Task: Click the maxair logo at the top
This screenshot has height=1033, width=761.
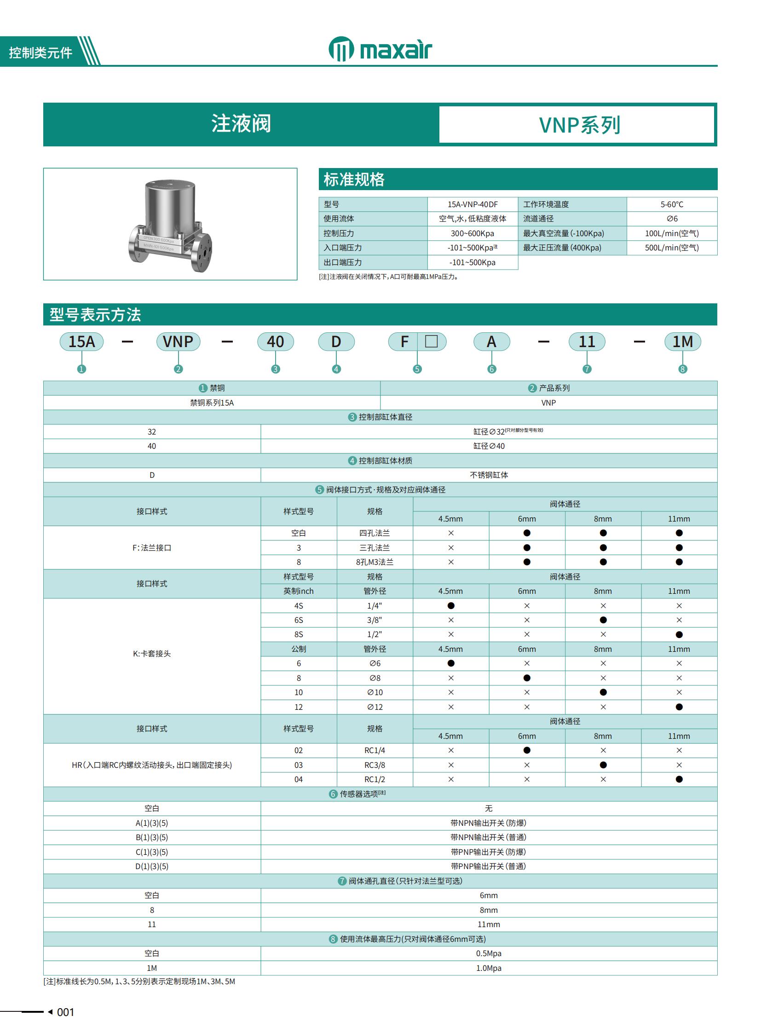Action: pyautogui.click(x=380, y=49)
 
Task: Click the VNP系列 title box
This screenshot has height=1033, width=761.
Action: pyautogui.click(x=579, y=125)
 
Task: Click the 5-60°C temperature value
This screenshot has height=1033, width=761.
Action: pyautogui.click(x=671, y=204)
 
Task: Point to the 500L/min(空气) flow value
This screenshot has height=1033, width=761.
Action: pyautogui.click(x=671, y=248)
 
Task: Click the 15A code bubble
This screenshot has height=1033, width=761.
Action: pyautogui.click(x=81, y=342)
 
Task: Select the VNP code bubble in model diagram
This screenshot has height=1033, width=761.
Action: pyautogui.click(x=178, y=342)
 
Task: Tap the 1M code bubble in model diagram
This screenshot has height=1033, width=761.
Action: pyautogui.click(x=682, y=342)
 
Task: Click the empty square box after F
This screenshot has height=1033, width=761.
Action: pyautogui.click(x=431, y=342)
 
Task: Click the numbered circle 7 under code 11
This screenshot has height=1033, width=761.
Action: pyautogui.click(x=587, y=369)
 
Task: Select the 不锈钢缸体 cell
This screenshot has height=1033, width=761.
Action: pyautogui.click(x=488, y=475)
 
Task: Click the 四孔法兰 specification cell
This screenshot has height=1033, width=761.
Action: pyautogui.click(x=375, y=533)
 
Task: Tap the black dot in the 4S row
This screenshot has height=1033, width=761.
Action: pyautogui.click(x=450, y=606)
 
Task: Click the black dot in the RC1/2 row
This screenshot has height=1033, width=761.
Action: pyautogui.click(x=679, y=779)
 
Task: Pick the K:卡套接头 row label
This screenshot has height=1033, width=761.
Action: pyautogui.click(x=151, y=654)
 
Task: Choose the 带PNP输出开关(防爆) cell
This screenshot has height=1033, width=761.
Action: pyautogui.click(x=488, y=852)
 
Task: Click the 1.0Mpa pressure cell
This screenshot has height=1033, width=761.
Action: pyautogui.click(x=488, y=968)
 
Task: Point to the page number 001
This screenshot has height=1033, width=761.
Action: pyautogui.click(x=65, y=1012)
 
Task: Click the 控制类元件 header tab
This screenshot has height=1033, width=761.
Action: pyautogui.click(x=40, y=52)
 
